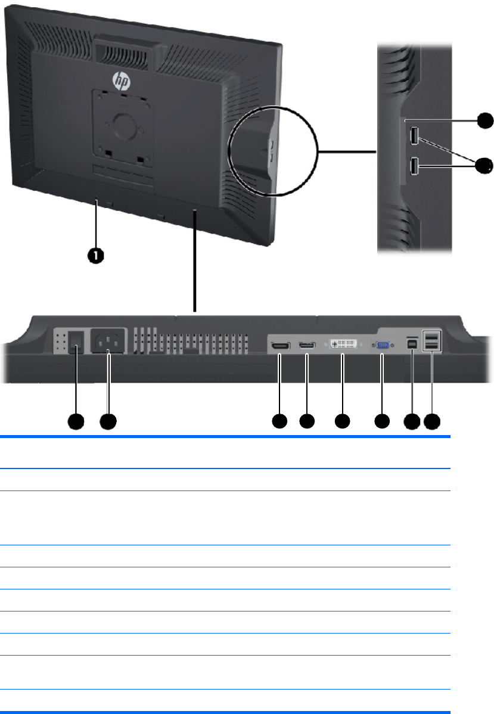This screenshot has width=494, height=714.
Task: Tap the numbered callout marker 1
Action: pos(96,255)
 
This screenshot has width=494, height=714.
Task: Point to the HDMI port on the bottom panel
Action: pos(279,346)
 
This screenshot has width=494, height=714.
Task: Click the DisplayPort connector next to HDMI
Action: pos(307,346)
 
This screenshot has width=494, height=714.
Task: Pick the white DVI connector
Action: pos(343,345)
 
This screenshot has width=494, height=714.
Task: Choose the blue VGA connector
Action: pos(381,345)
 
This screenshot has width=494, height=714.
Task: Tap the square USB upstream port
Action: pos(412,344)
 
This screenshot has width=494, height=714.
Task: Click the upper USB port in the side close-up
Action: pos(414,136)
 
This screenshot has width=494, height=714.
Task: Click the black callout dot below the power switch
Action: pos(75,422)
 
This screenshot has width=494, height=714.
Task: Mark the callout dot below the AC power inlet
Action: pos(108,422)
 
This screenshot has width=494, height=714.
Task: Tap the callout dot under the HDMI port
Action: pos(279,422)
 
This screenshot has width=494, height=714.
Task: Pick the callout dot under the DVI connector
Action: pos(343,422)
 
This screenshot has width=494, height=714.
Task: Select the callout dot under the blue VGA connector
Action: pos(381,422)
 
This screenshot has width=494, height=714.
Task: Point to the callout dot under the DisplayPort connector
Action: pos(307,422)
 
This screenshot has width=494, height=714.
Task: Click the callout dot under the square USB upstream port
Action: pos(411,422)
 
